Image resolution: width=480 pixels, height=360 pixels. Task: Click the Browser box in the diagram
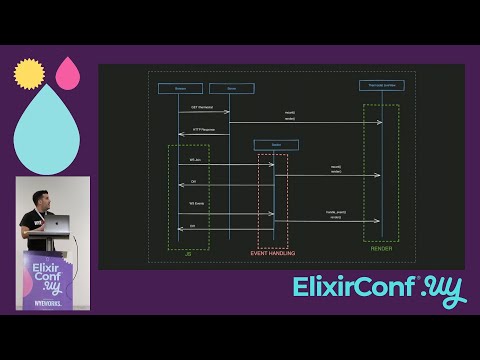(180, 88)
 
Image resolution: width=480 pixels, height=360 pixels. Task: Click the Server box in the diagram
(231, 88)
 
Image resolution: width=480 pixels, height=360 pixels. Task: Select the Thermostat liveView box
(381, 85)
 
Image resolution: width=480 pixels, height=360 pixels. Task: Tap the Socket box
(275, 144)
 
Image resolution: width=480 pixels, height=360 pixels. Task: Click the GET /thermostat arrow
(204, 112)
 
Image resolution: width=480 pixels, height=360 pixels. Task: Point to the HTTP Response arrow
(204, 133)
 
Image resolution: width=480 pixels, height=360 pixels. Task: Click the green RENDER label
(380, 248)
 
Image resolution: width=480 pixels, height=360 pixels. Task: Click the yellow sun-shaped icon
(29, 73)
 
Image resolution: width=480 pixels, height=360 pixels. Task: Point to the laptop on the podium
(59, 225)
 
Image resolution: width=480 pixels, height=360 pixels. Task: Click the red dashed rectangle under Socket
(273, 200)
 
